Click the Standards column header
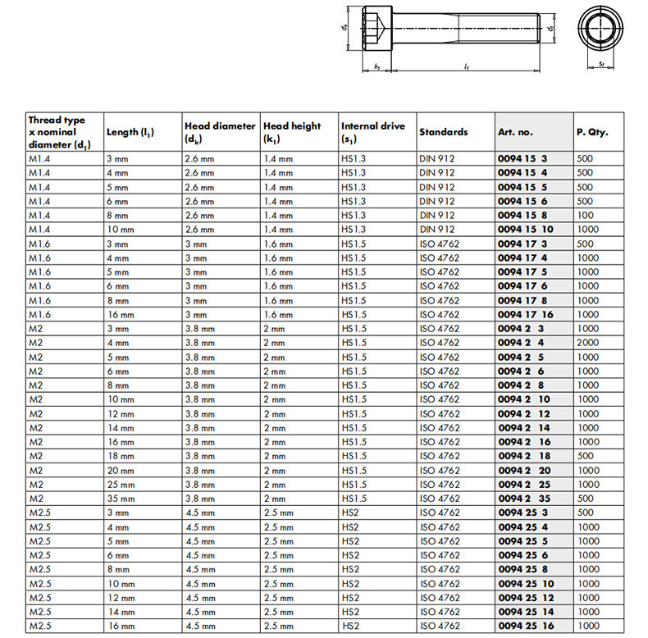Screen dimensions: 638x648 443,132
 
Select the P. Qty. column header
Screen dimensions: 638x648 592,132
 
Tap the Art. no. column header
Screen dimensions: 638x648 515,132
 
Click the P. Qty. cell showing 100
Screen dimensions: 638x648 585,215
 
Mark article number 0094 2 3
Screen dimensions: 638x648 520,328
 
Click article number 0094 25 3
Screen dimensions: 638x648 523,513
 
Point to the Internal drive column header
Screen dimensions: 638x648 372,132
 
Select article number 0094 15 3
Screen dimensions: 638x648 523,158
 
